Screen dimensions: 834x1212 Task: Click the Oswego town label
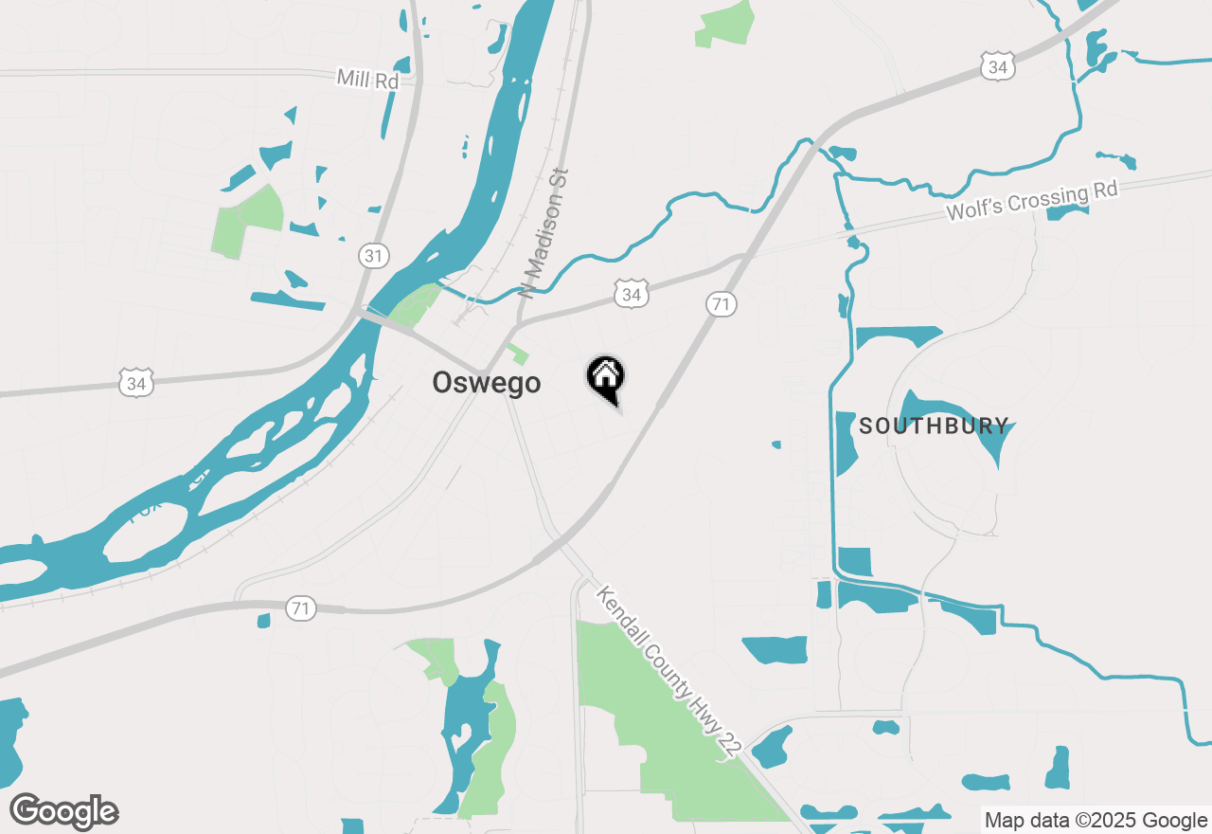(487, 382)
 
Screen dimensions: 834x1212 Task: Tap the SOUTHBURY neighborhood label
(934, 426)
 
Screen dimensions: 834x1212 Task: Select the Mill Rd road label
(368, 80)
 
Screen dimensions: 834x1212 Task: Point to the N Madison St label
(546, 233)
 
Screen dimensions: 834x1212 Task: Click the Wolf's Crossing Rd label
(1032, 200)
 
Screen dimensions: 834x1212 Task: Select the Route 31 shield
(374, 255)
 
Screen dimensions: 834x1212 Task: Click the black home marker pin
(606, 377)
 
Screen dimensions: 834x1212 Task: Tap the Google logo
(64, 812)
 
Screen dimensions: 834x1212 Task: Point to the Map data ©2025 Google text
(1095, 821)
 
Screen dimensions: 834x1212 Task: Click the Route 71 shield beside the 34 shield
(722, 304)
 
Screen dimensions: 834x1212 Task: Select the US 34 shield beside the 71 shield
(632, 295)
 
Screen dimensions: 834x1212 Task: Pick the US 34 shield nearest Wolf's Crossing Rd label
(997, 67)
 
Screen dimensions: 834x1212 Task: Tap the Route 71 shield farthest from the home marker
(302, 608)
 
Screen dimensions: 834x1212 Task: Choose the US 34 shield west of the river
(137, 383)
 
